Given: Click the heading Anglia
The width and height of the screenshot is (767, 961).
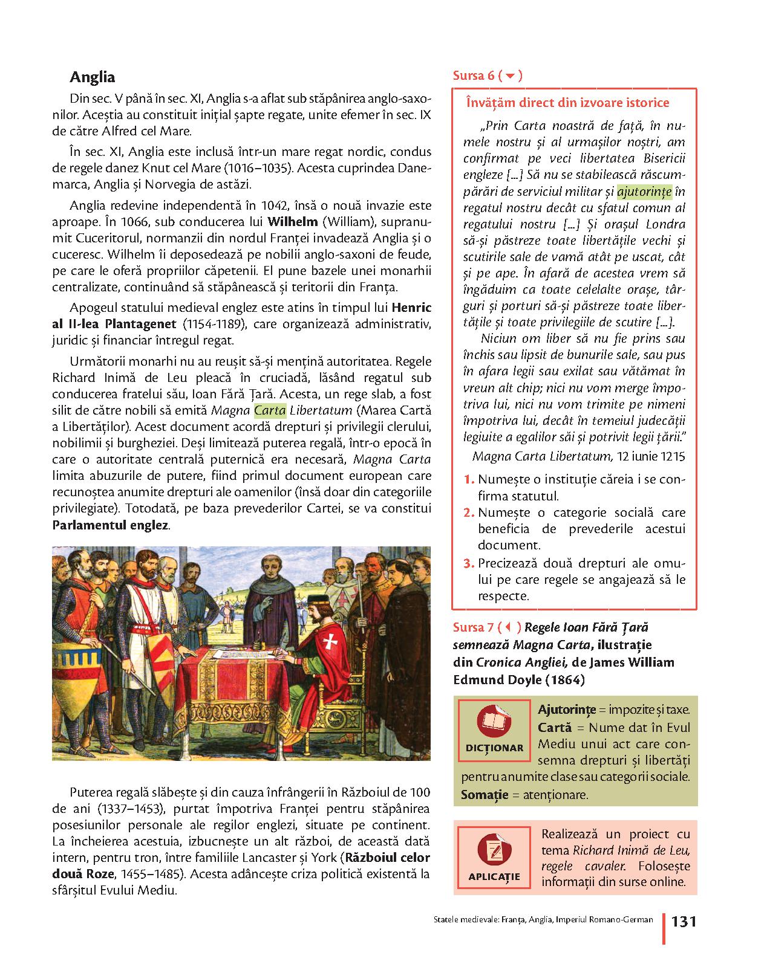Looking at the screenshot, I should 92,77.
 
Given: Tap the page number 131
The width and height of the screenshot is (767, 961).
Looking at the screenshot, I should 684,921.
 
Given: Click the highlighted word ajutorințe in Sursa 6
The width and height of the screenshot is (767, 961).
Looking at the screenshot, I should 644,192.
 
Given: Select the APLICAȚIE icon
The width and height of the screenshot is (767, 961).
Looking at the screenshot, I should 494,849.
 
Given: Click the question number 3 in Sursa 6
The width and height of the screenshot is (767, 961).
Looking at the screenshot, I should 468,564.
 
